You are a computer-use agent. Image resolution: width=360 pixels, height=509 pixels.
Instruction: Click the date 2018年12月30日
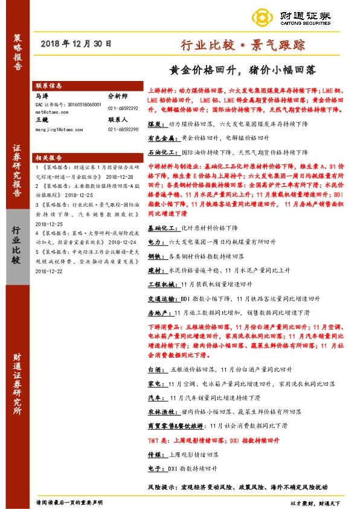77,44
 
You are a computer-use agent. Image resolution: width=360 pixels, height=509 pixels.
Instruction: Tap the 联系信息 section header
49,86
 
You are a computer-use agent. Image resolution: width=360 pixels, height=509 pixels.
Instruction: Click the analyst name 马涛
42,96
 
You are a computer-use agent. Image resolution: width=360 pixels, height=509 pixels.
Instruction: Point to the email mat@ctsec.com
50,112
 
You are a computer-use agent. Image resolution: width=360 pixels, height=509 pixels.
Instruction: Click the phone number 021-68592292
123,108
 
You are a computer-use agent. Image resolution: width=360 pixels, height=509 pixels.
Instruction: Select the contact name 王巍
42,120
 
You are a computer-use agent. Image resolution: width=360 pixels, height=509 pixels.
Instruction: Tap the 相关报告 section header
49,156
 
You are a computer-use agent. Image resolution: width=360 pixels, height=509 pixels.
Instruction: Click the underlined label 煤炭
155,123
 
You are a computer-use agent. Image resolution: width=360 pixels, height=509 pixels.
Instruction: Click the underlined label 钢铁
155,256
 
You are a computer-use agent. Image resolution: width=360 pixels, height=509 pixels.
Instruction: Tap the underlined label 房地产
158,312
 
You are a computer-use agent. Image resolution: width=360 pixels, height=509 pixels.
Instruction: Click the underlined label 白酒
155,368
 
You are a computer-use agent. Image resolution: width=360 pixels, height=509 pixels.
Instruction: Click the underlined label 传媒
155,455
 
